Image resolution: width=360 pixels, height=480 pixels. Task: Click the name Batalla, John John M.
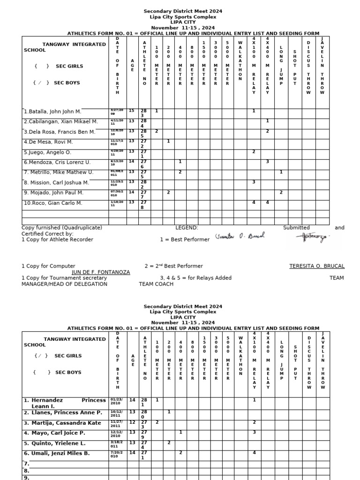point(52,112)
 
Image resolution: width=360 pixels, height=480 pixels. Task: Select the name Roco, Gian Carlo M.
point(53,203)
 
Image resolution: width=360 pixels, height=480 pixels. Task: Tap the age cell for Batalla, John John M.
point(132,111)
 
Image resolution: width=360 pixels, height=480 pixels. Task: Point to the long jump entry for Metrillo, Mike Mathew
point(281,172)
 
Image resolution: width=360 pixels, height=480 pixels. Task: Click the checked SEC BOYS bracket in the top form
point(40,83)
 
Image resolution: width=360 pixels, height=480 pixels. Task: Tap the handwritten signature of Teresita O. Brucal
point(240,236)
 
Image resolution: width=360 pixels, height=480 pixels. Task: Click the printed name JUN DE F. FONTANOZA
point(101,272)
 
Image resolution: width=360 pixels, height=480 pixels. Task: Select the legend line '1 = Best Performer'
point(185,240)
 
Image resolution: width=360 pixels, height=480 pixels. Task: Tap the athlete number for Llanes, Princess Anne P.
point(144,412)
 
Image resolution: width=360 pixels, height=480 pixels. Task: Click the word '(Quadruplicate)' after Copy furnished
point(79,228)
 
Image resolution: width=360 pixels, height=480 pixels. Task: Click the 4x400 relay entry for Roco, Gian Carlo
point(267,202)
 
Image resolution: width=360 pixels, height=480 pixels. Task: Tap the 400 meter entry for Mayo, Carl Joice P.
point(180,432)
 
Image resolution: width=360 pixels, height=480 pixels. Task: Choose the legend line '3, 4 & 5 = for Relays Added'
point(196,278)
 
